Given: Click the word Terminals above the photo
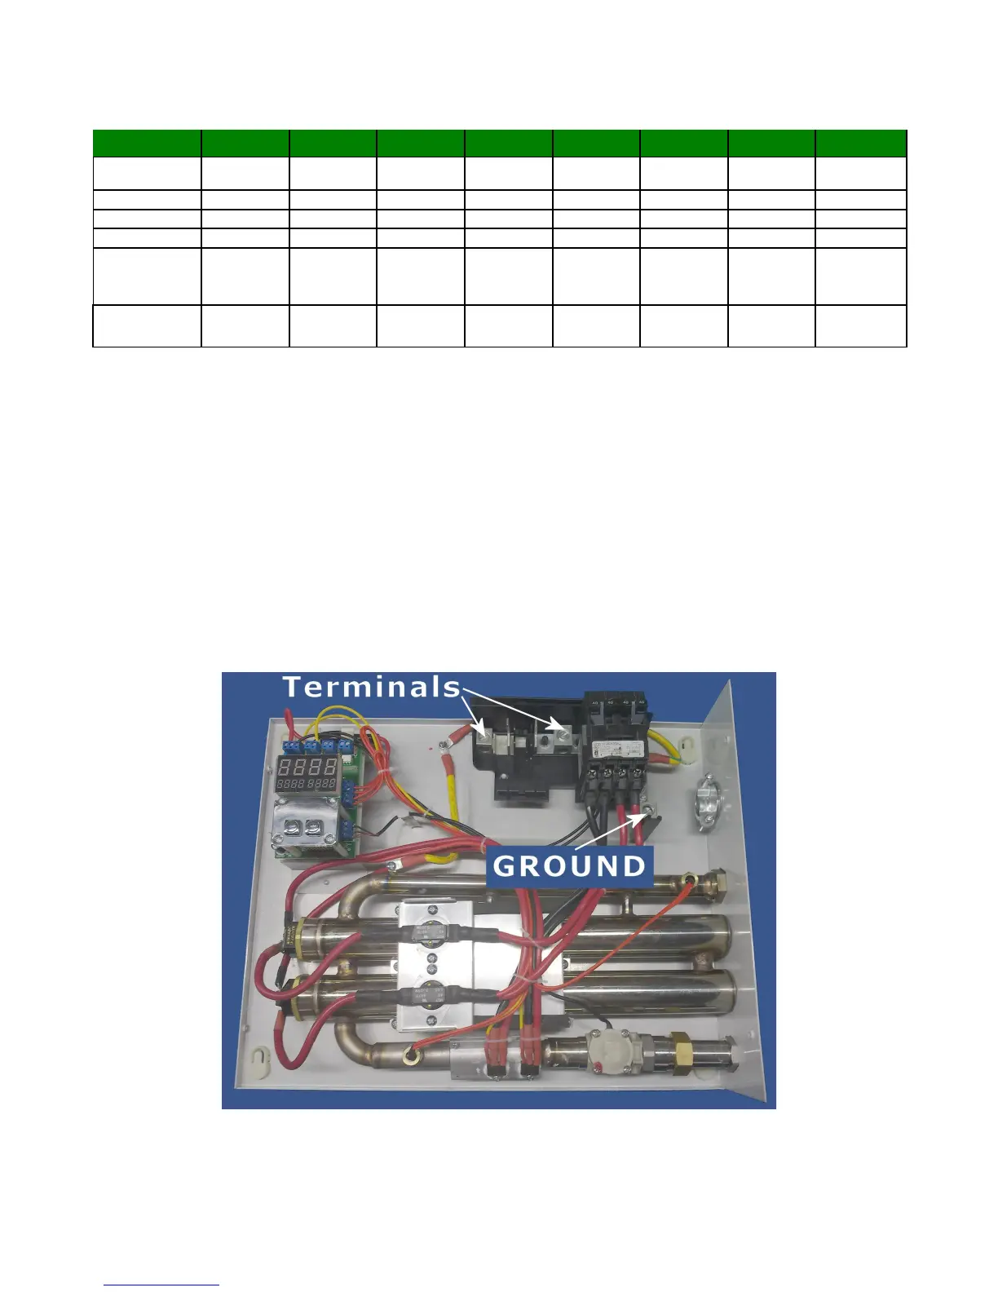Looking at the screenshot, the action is [373, 687].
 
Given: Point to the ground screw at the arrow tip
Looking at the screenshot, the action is [647, 810].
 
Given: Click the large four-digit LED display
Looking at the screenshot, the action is [307, 767].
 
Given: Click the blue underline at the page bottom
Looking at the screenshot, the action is [161, 1285].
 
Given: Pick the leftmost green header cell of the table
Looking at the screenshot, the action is [147, 143].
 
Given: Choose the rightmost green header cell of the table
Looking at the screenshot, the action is [860, 143].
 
